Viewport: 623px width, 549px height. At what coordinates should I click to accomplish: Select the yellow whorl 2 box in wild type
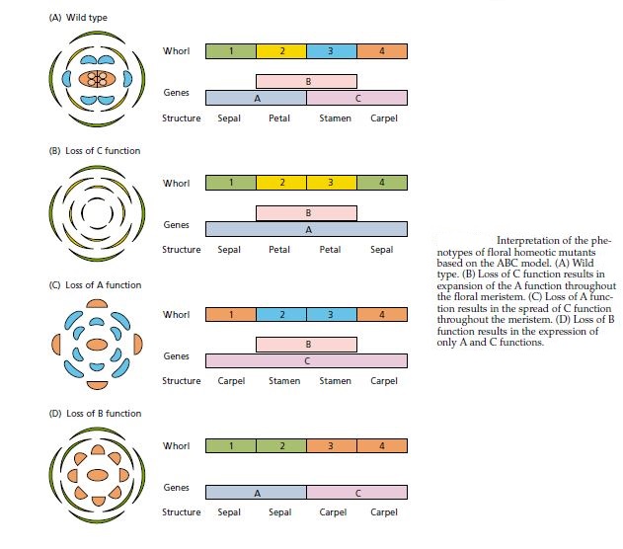(281, 50)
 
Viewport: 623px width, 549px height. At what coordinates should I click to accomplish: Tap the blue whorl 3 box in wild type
(332, 50)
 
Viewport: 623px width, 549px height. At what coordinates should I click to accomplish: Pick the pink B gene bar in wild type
(306, 81)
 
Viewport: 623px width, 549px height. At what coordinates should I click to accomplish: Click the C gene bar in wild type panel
(356, 98)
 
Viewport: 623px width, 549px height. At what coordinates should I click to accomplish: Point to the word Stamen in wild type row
(335, 118)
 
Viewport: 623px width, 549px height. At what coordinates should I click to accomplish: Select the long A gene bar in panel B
(306, 229)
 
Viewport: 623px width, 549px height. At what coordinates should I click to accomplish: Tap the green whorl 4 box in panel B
(382, 182)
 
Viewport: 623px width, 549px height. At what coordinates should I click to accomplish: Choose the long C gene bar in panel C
(306, 361)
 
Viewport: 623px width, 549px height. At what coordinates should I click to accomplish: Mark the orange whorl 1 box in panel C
(230, 315)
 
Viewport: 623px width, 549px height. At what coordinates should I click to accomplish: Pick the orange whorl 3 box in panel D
(332, 445)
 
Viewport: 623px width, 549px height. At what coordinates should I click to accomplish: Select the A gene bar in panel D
(256, 491)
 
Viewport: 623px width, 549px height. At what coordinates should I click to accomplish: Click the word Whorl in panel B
(176, 182)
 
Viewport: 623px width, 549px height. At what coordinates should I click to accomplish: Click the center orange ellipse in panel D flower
(97, 475)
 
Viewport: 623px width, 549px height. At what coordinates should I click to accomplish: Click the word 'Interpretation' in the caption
(527, 240)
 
